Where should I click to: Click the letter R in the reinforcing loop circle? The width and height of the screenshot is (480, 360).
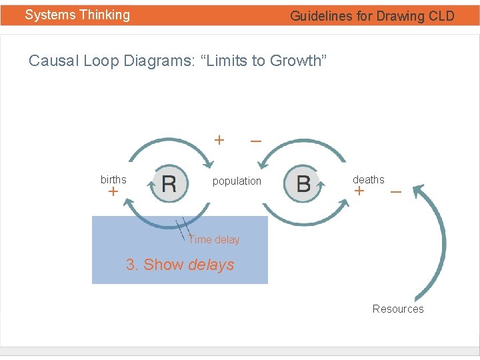[169, 183]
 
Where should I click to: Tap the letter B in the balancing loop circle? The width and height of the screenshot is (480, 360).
[303, 183]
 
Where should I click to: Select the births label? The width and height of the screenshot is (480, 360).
[113, 179]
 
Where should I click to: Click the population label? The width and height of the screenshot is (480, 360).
[237, 181]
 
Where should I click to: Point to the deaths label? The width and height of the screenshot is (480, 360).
[368, 179]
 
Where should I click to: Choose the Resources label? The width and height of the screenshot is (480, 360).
[398, 309]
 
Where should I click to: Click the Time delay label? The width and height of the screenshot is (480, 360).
[213, 239]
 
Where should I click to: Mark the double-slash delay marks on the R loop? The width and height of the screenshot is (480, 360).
[180, 225]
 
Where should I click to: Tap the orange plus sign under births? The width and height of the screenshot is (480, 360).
[113, 192]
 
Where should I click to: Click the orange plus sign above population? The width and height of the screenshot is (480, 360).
[219, 140]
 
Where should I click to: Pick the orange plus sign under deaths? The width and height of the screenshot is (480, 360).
[359, 191]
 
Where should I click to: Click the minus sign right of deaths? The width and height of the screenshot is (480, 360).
[395, 191]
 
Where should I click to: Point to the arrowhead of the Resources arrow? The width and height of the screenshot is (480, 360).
[418, 191]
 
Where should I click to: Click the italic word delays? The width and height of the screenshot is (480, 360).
[211, 265]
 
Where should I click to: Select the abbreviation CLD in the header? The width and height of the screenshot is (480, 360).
[441, 16]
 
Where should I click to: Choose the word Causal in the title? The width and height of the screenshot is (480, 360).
[54, 61]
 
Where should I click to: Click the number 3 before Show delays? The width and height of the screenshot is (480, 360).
[131, 265]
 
